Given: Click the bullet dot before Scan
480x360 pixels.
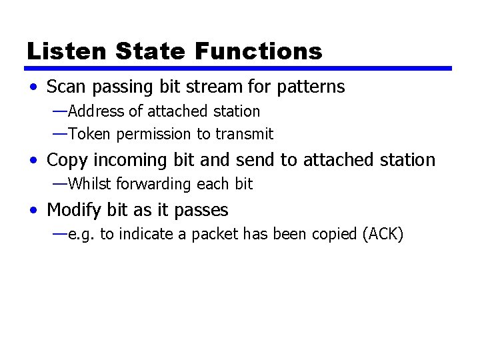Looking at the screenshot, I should tap(34, 87).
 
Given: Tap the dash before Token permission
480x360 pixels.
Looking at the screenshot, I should tap(59, 133).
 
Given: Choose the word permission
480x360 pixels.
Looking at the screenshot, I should tap(154, 134).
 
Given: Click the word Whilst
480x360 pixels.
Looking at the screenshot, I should tap(87, 183).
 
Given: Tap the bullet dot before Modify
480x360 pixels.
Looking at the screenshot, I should tap(34, 211).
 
